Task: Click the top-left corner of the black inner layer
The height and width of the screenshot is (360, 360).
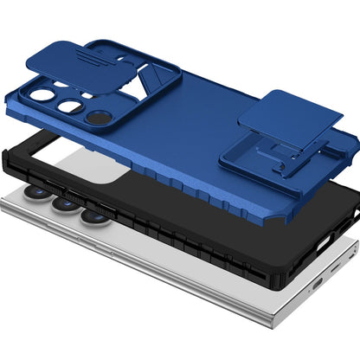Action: click(12, 147)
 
